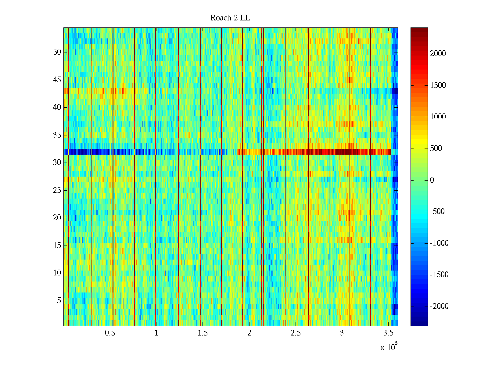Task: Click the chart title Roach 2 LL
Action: [230, 18]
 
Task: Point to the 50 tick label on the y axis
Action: [57, 52]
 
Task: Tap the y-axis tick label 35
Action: [57, 135]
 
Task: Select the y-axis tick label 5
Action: [59, 301]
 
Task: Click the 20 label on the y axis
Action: [57, 218]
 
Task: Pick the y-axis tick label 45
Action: [57, 80]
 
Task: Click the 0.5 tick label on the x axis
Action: [110, 333]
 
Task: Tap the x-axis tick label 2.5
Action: [296, 333]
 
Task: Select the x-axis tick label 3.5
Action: [388, 333]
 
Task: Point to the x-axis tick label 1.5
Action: [203, 333]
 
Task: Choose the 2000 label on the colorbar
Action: [438, 54]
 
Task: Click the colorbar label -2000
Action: [439, 307]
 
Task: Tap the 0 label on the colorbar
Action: [432, 180]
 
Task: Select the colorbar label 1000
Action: [438, 117]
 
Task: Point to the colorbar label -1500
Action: [439, 275]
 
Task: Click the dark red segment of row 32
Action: [345, 152]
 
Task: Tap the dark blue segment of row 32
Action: [91, 152]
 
